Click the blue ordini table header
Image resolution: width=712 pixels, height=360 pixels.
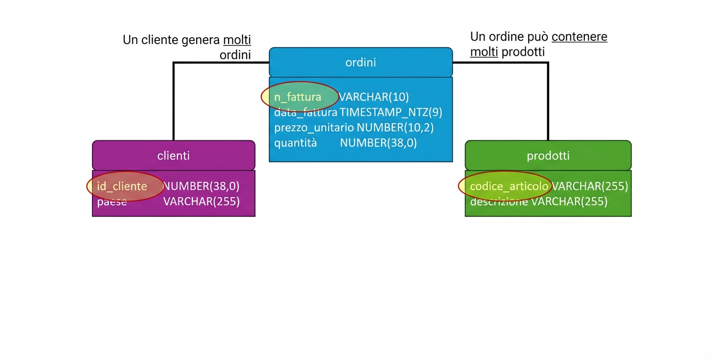360,62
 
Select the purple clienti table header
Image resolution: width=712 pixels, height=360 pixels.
174,156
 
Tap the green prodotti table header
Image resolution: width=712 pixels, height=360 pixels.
548,156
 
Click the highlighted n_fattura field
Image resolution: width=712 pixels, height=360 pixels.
298,97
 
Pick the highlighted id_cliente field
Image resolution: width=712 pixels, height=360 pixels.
122,186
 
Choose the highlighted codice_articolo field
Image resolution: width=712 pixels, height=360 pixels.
509,186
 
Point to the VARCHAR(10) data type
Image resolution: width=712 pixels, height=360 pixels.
374,97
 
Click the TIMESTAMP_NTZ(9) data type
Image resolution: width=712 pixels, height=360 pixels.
391,112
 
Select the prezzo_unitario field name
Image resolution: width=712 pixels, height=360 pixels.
313,128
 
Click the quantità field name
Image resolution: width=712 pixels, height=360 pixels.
295,143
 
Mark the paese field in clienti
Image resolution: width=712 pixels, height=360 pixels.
112,202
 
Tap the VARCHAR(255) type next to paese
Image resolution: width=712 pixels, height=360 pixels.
201,202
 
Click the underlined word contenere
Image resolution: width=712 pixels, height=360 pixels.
579,37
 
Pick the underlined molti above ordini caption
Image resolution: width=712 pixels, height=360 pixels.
237,40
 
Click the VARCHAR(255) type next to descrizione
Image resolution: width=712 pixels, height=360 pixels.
569,202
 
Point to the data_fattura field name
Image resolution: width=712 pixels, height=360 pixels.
306,112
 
